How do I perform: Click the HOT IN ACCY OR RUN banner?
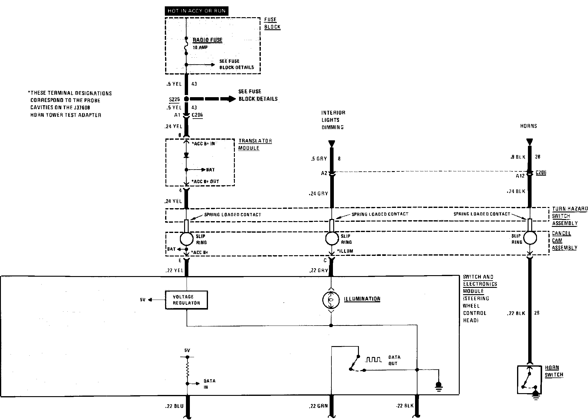(x=197, y=11)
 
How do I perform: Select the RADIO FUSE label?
(x=207, y=40)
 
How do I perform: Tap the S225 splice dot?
(x=186, y=99)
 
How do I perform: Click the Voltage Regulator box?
(x=187, y=300)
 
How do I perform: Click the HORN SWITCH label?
(x=554, y=371)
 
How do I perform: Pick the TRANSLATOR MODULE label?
(x=255, y=145)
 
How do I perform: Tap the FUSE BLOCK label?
(x=272, y=23)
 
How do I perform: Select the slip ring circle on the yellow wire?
(x=187, y=239)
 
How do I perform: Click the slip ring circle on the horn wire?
(x=530, y=238)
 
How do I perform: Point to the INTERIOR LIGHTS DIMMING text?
(x=333, y=120)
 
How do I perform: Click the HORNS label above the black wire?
(x=529, y=126)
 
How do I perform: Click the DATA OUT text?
(x=394, y=360)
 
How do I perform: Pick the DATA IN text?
(x=209, y=384)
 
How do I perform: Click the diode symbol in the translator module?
(x=186, y=155)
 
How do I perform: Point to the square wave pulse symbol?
(x=373, y=360)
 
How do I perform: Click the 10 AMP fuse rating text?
(x=200, y=48)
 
